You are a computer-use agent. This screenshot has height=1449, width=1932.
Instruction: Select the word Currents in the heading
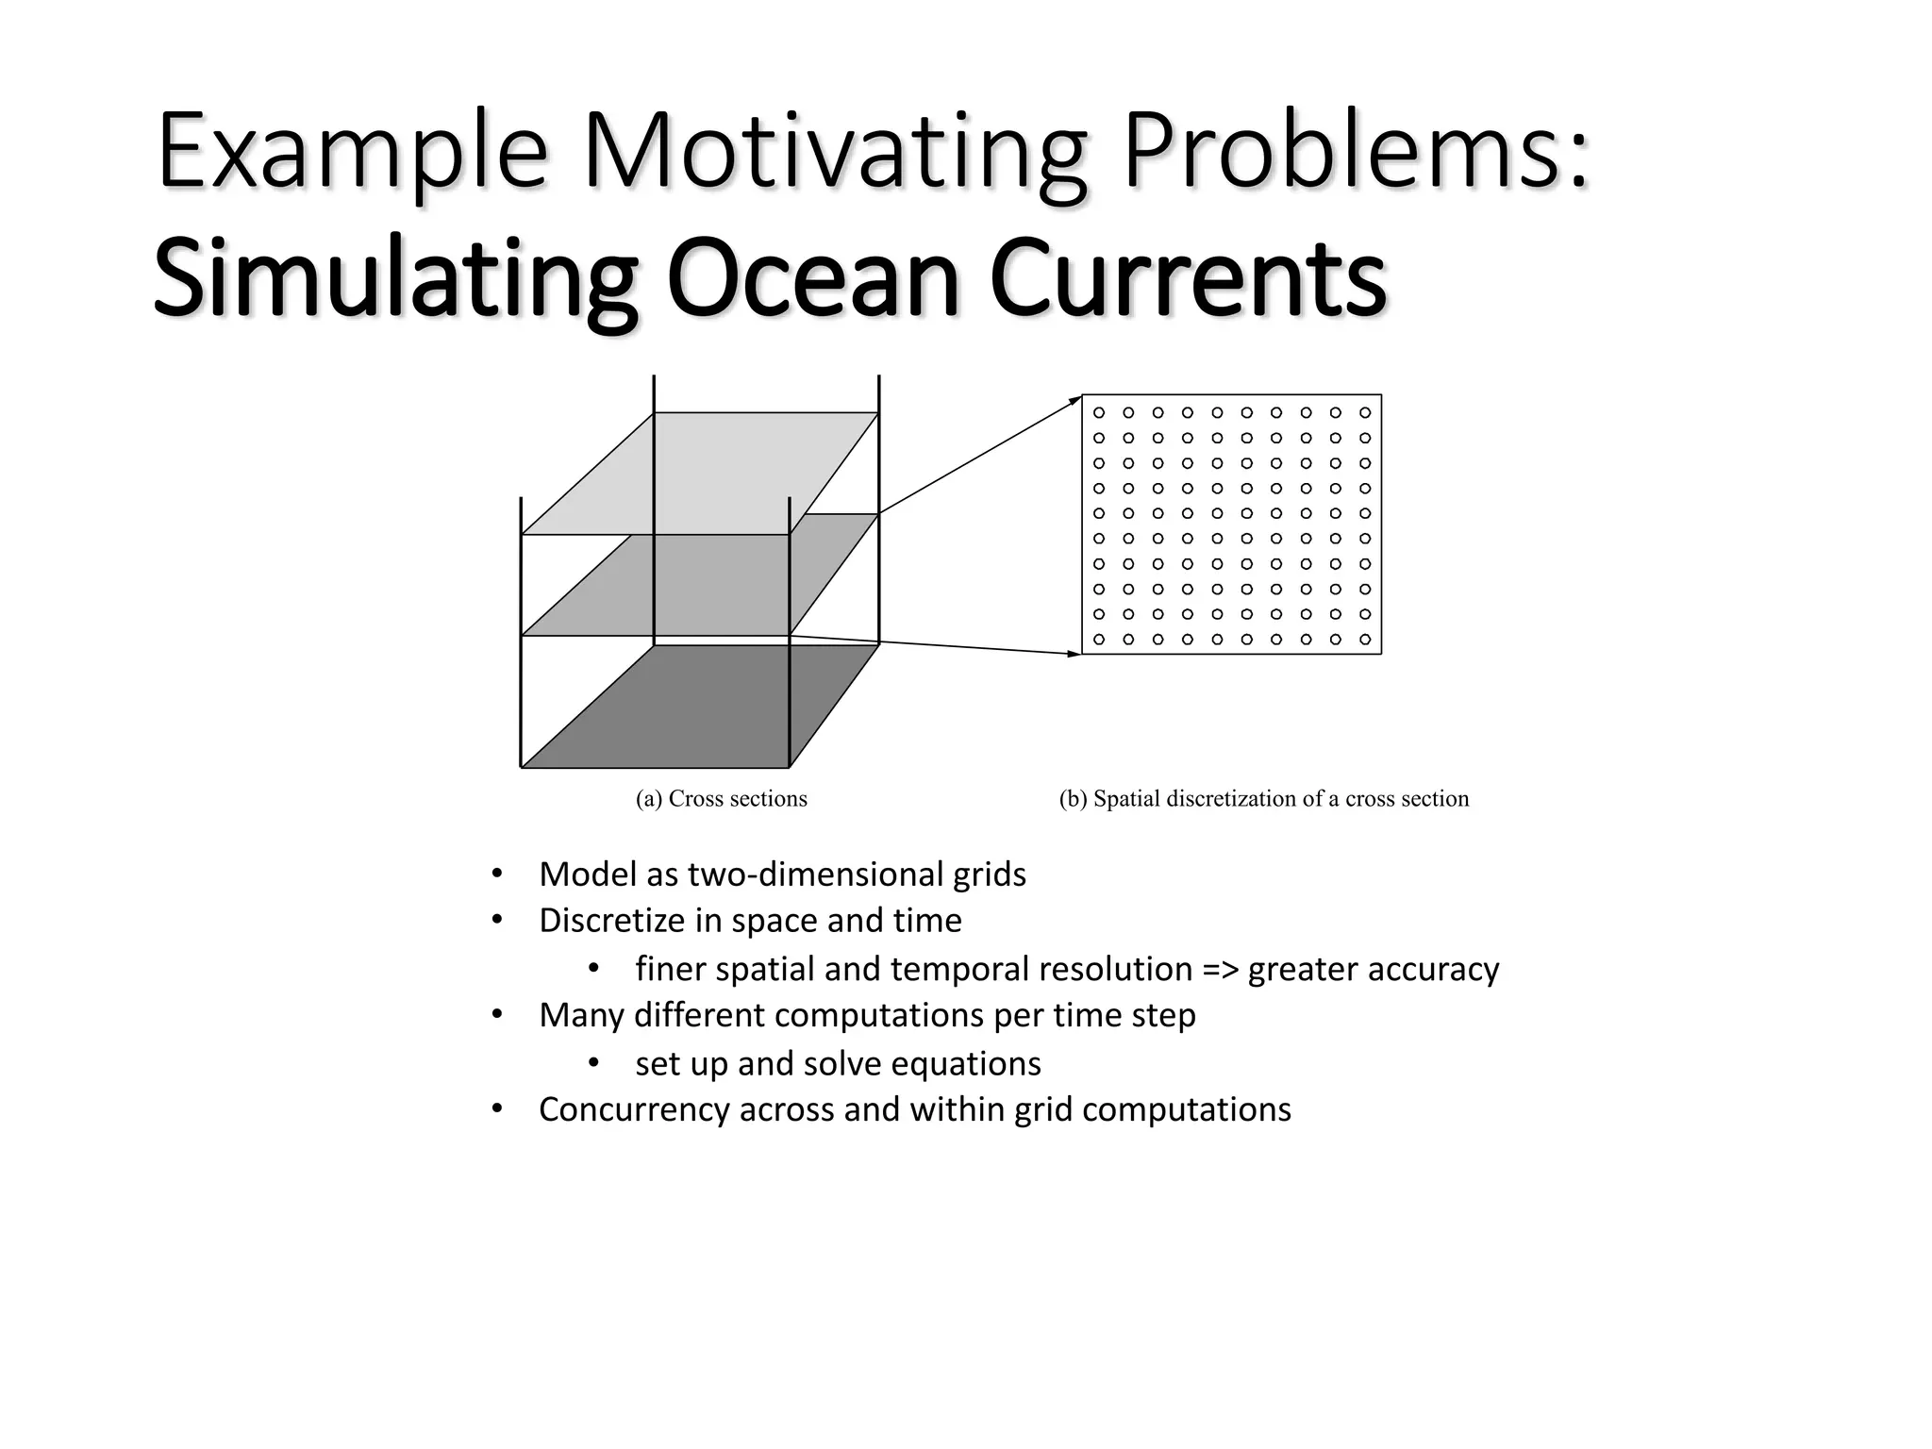point(1188,279)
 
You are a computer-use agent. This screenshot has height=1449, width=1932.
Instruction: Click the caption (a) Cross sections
point(722,799)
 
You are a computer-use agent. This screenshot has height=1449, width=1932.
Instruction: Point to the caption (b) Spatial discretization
point(1263,799)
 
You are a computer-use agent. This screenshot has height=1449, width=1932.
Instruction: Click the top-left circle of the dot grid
point(1099,413)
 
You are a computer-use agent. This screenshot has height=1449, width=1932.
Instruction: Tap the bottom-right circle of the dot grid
point(1365,640)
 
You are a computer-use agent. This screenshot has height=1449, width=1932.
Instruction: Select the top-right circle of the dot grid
point(1365,413)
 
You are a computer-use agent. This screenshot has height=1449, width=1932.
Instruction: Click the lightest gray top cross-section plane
point(700,472)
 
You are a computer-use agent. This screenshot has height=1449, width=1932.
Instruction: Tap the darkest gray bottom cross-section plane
point(700,708)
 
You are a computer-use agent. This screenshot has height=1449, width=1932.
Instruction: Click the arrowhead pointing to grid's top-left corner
point(1075,401)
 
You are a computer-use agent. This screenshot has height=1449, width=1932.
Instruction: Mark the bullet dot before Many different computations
point(497,1015)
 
